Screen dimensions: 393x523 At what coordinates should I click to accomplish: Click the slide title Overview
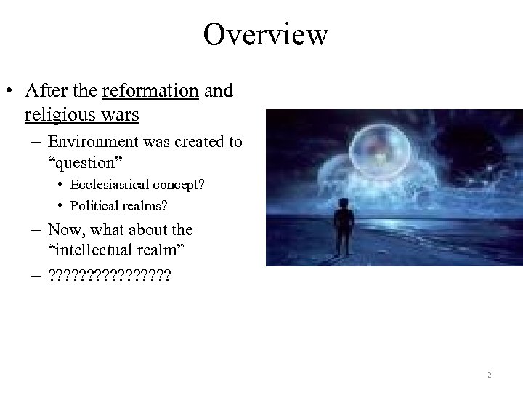pos(266,35)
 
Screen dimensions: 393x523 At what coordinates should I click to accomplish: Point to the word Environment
pos(86,142)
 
